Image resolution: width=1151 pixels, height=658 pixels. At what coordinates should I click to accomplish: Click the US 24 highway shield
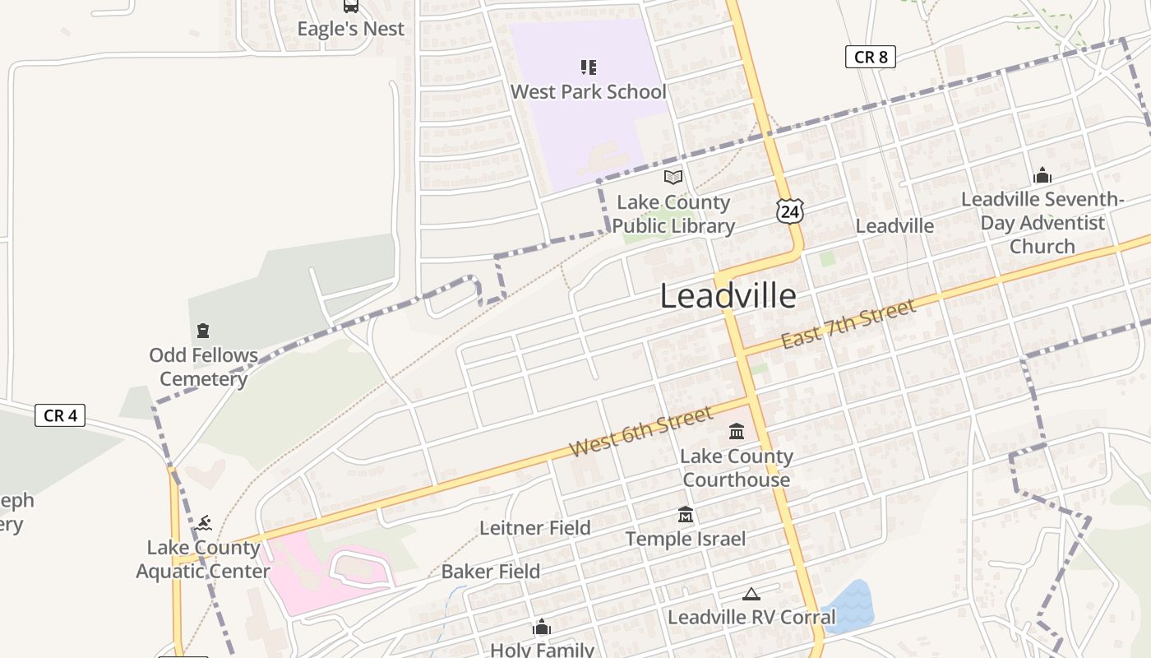(x=789, y=211)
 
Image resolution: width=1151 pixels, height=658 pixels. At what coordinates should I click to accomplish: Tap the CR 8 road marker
(x=870, y=57)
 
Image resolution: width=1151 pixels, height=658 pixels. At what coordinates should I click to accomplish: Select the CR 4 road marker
(x=60, y=415)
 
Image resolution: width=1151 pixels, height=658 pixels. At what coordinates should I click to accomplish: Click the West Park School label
(x=589, y=91)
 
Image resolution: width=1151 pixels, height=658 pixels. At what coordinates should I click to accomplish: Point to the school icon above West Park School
(x=589, y=67)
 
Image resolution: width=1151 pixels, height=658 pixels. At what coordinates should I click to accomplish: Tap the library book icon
(x=673, y=177)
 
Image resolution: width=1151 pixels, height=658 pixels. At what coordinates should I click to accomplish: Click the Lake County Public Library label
(x=673, y=214)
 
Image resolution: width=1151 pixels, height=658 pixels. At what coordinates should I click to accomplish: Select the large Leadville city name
(x=728, y=296)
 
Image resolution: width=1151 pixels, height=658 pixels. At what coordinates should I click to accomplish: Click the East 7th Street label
(x=848, y=324)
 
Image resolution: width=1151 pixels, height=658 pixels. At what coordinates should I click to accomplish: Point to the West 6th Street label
(x=641, y=432)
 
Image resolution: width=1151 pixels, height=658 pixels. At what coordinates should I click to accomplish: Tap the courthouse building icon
(x=737, y=432)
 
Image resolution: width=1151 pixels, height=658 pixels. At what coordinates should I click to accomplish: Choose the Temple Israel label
(x=686, y=539)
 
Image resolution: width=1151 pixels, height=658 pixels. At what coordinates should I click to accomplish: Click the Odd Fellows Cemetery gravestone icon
(x=203, y=331)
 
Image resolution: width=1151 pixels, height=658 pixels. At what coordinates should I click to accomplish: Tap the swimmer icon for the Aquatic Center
(x=204, y=523)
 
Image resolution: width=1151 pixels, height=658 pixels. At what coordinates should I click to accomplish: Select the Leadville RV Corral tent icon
(x=751, y=594)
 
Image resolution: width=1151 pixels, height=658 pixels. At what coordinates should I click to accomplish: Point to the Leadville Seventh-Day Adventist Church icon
(x=1042, y=175)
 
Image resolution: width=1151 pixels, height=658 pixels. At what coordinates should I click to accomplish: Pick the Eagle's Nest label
(x=351, y=29)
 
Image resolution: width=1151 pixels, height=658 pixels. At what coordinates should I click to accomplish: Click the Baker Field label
(x=491, y=572)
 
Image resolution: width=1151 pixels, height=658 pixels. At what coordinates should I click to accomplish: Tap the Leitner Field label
(x=535, y=528)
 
